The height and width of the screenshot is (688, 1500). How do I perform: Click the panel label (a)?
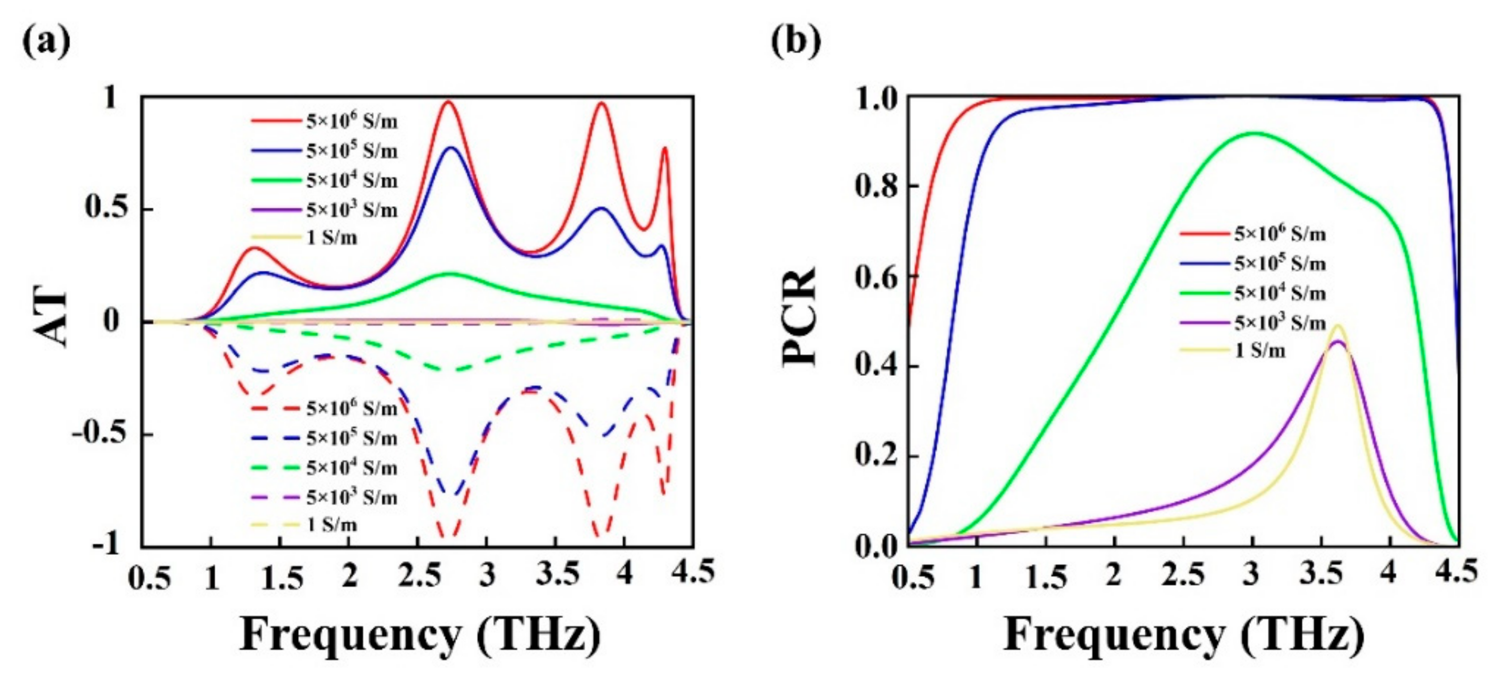(x=46, y=41)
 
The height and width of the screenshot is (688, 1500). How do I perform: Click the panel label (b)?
(x=795, y=41)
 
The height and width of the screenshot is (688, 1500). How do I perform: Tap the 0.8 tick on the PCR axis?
(x=876, y=186)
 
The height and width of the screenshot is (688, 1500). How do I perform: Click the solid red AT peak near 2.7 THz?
(x=448, y=102)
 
